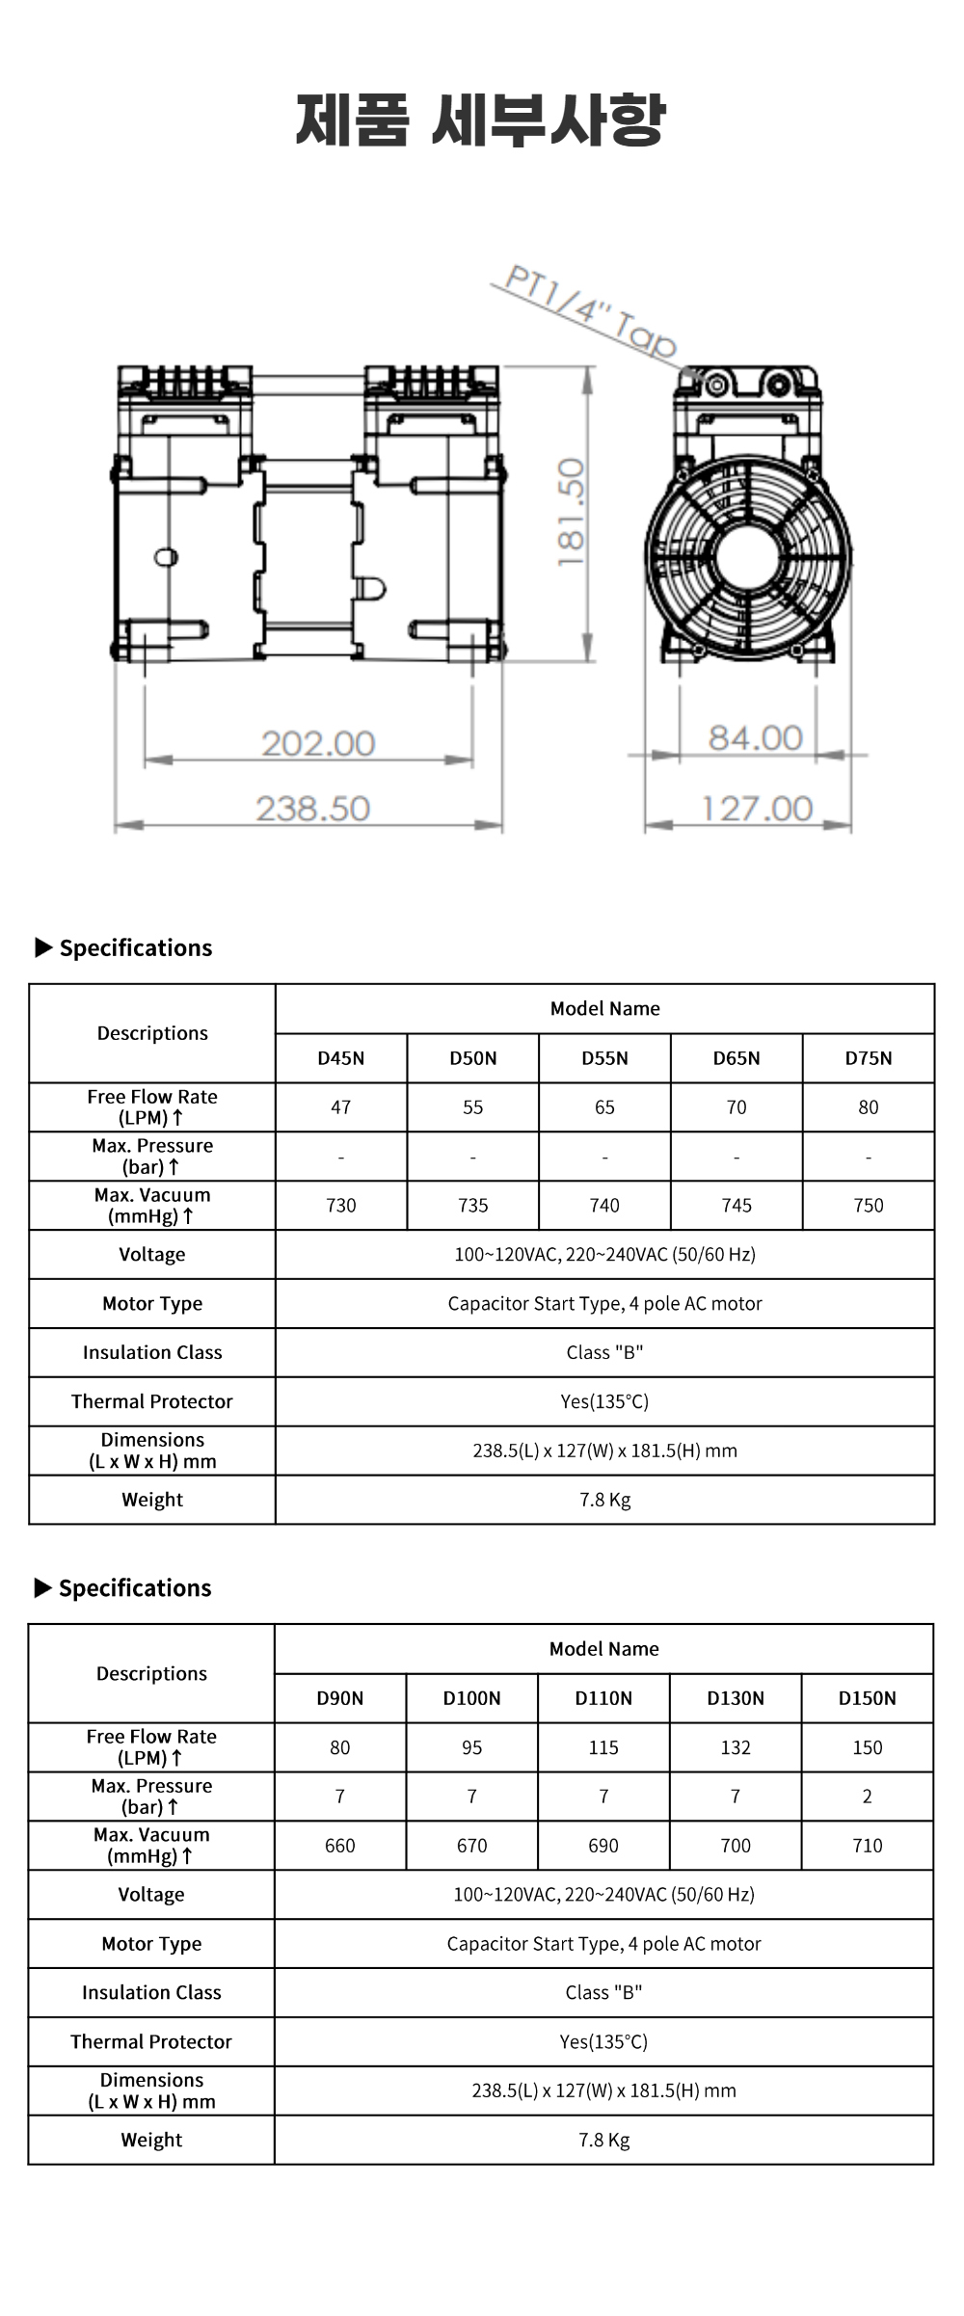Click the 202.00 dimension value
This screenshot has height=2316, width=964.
click(318, 743)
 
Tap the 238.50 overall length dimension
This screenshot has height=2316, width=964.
click(313, 808)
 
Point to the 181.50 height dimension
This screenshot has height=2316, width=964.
click(571, 513)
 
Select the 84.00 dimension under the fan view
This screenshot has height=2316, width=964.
click(755, 737)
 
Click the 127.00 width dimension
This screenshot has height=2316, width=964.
click(758, 808)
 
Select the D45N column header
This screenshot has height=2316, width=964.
click(341, 1058)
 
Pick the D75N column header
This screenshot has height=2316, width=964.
click(869, 1058)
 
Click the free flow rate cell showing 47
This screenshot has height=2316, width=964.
click(341, 1107)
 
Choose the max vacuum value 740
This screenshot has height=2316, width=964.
click(604, 1206)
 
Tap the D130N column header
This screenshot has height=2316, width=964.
click(736, 1698)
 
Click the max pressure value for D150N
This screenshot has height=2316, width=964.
click(868, 1797)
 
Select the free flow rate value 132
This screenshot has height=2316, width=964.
click(736, 1747)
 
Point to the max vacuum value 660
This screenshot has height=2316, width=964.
click(340, 1846)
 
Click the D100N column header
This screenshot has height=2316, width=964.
click(472, 1698)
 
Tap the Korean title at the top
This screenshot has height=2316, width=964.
click(481, 120)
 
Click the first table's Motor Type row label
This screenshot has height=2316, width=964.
click(152, 1304)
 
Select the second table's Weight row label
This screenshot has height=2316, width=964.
click(151, 2140)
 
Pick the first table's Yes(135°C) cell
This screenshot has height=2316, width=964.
click(604, 1401)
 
